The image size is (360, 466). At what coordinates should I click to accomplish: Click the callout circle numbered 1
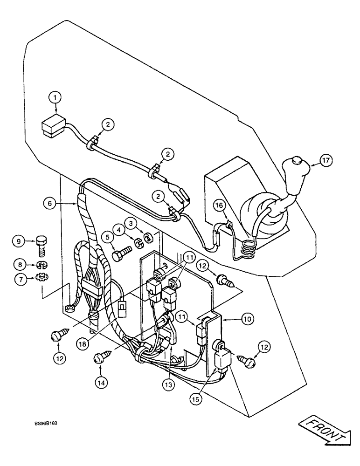(55, 97)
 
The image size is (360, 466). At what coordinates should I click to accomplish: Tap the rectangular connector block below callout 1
(52, 127)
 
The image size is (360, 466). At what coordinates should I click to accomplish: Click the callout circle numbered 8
(20, 265)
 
